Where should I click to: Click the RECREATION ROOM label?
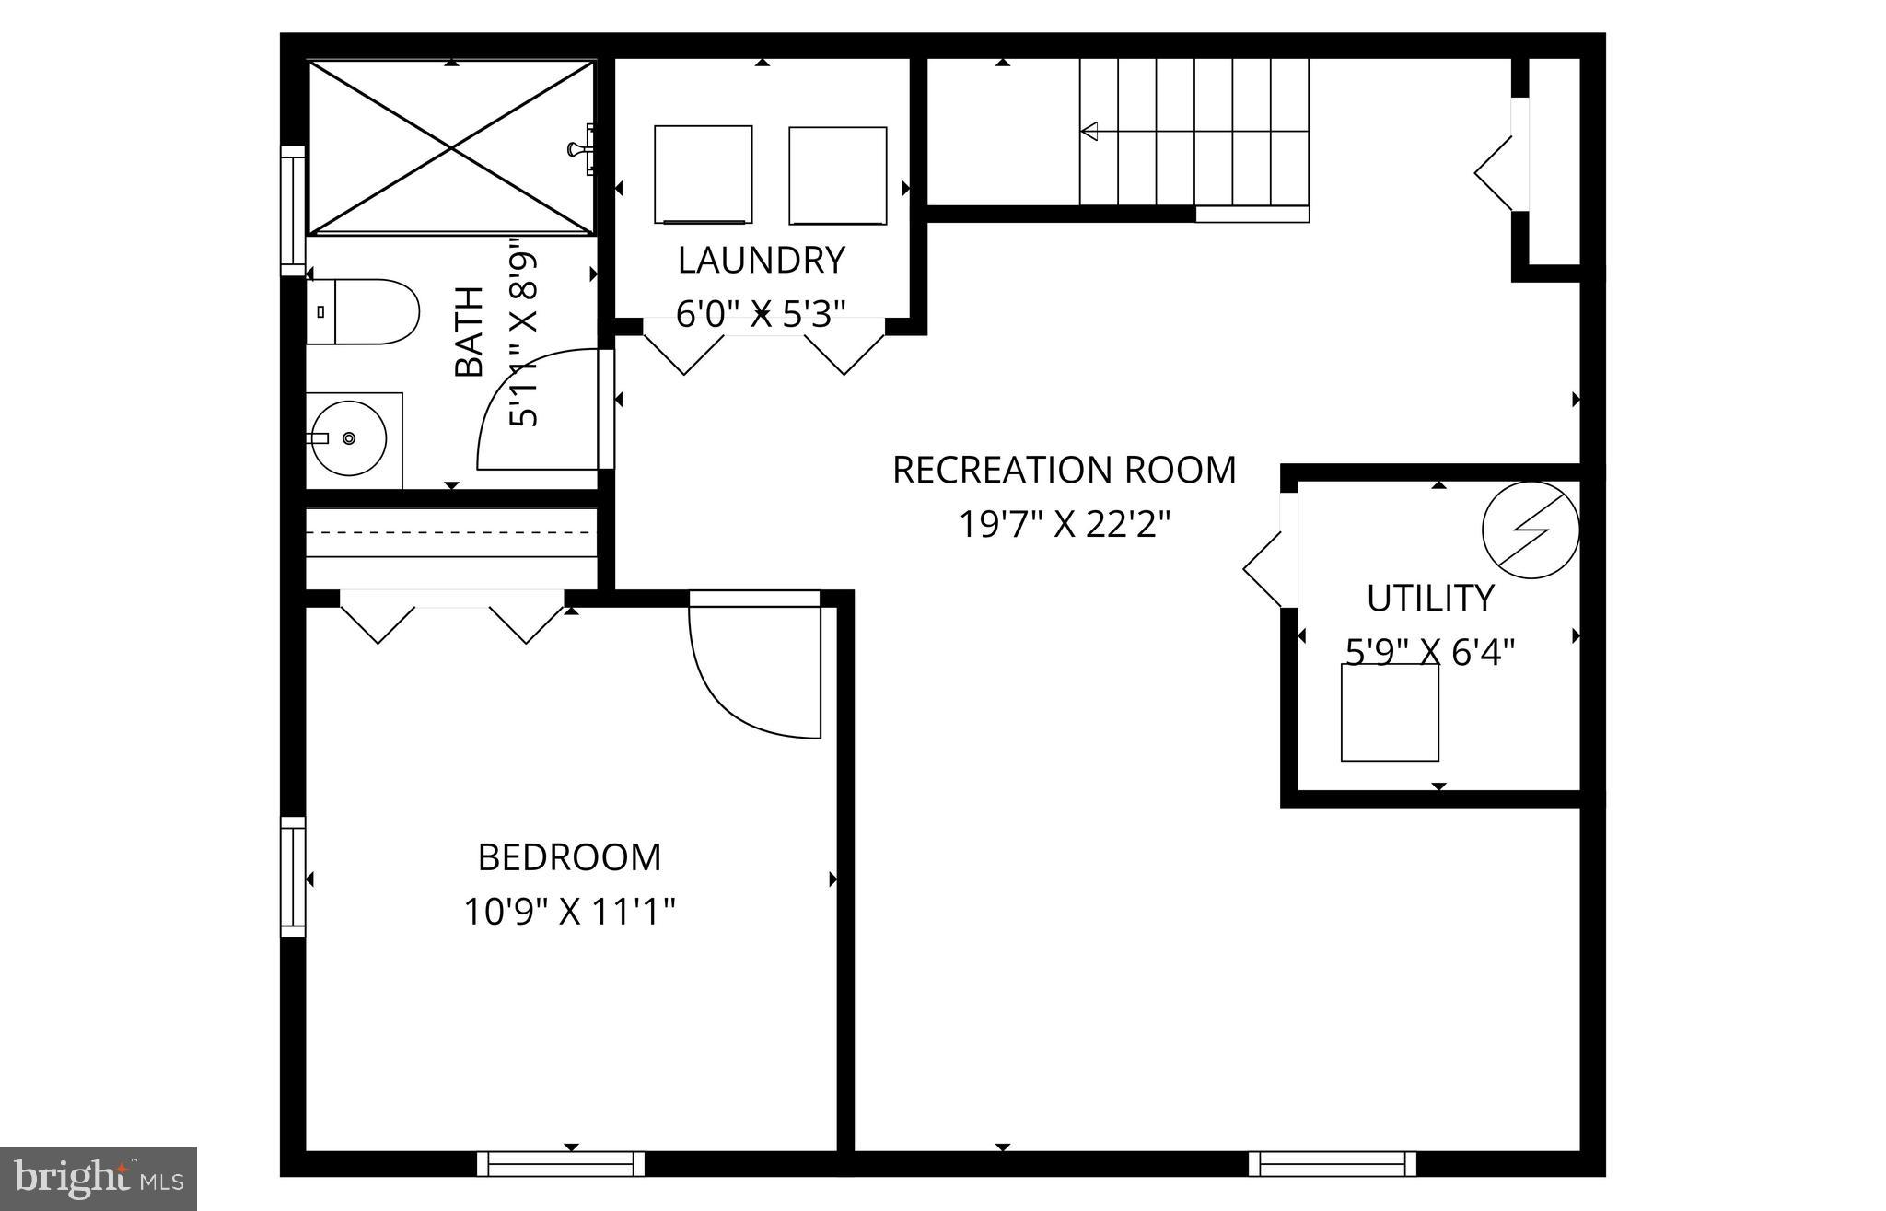coord(1064,470)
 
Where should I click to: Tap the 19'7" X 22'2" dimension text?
coord(1064,525)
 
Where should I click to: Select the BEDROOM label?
coord(569,857)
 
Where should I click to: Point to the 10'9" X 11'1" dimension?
coord(569,913)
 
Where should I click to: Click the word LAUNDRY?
coord(761,261)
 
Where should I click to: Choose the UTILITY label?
coord(1429,599)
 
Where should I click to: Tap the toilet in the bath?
coord(363,312)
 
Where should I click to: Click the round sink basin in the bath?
coord(343,438)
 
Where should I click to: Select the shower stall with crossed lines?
coord(450,147)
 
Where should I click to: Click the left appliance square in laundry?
coord(703,174)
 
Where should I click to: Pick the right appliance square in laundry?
coord(837,175)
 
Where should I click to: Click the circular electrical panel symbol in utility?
coord(1530,530)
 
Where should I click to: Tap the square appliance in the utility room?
coord(1390,712)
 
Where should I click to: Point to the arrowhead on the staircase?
coord(1089,132)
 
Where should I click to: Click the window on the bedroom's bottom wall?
coord(561,1164)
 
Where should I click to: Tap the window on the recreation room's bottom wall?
coord(1332,1164)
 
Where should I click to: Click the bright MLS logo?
coord(99,1178)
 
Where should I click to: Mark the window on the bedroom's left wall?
coord(293,877)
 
